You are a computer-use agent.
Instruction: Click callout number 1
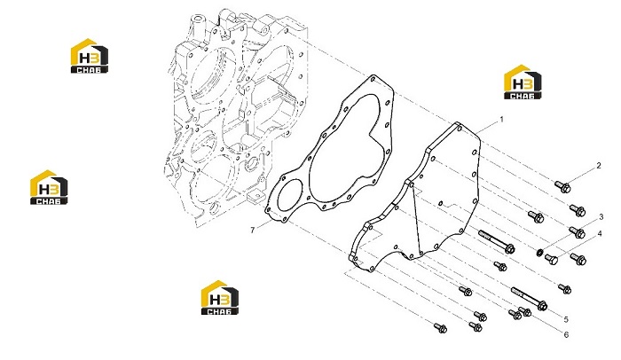coord(502,119)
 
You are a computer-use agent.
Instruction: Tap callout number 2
coord(599,166)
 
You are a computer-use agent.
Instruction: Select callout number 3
coord(601,217)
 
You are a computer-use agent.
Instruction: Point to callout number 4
coord(600,234)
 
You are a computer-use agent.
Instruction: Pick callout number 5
coord(566,319)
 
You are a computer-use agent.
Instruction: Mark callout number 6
coord(566,334)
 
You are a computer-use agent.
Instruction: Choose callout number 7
coord(253,231)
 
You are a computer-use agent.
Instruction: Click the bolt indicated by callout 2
coord(562,186)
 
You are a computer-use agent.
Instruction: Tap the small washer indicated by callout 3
coord(539,252)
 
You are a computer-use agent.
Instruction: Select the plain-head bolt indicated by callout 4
coord(551,260)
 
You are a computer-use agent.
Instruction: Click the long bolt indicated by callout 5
coord(530,298)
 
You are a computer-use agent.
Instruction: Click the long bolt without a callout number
coord(497,241)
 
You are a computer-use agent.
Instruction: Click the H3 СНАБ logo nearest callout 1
coord(523,82)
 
